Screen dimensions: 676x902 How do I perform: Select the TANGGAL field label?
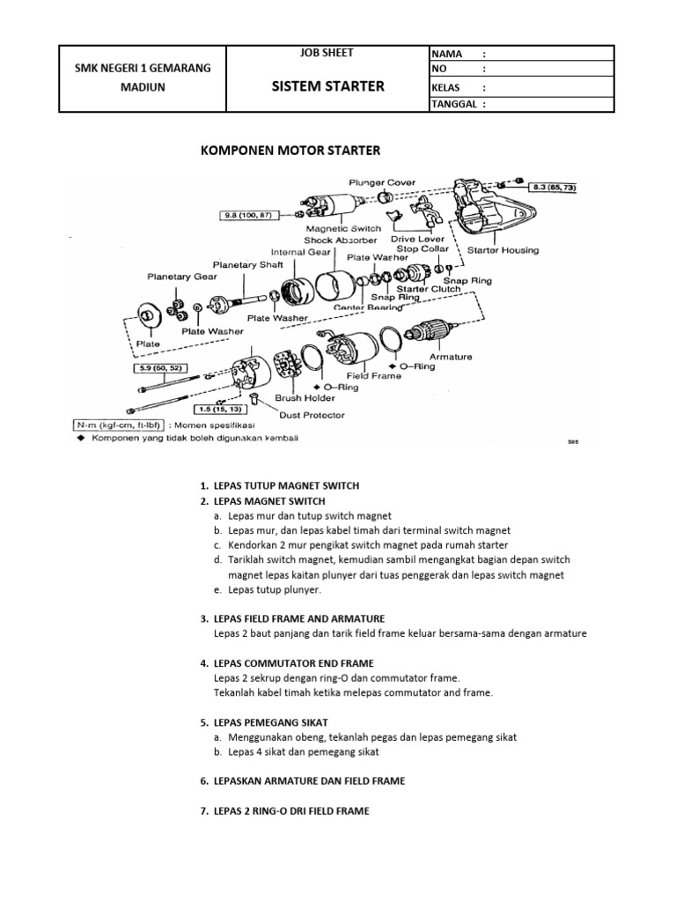coord(458,103)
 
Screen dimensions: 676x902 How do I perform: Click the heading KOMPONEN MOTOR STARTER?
coord(290,151)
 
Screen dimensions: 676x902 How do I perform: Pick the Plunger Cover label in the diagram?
coord(383,184)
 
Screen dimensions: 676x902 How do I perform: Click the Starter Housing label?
coord(503,250)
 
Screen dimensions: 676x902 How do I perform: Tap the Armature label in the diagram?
coord(452,357)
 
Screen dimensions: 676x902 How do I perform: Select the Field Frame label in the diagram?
coord(373,375)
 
